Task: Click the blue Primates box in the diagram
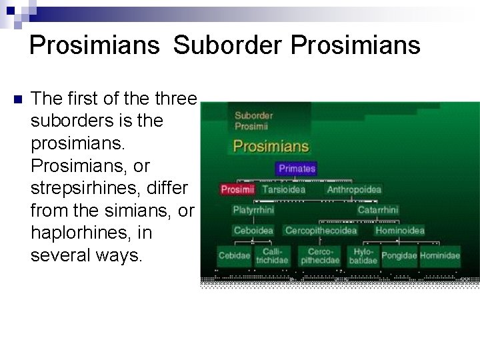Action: click(x=297, y=169)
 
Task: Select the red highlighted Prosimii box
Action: click(x=238, y=189)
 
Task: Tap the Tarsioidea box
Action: click(x=283, y=189)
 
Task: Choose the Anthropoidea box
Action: click(x=354, y=189)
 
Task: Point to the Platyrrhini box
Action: click(x=253, y=210)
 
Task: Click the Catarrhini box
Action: click(x=378, y=210)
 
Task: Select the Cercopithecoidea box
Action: click(x=321, y=231)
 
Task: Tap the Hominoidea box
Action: click(x=399, y=231)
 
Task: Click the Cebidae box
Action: click(x=233, y=256)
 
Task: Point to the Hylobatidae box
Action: click(x=363, y=256)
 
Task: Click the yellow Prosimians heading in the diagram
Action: click(x=270, y=145)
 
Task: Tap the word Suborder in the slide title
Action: click(x=217, y=45)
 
